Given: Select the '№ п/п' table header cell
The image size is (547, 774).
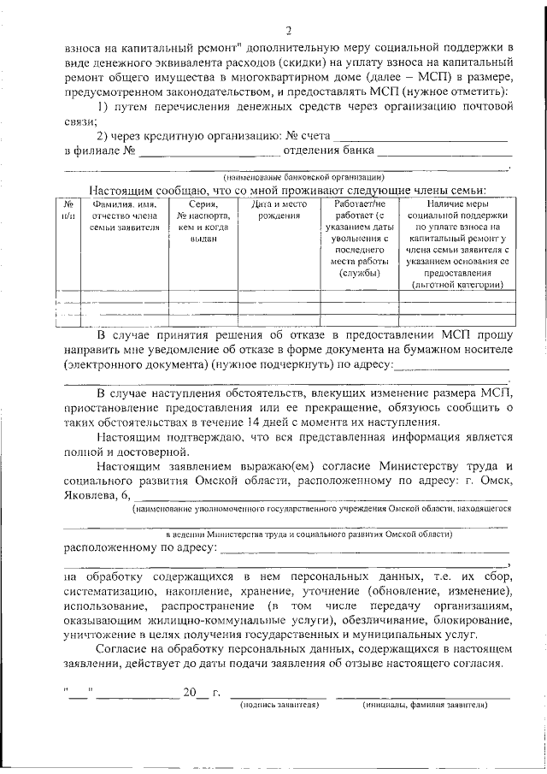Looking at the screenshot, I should point(68,210).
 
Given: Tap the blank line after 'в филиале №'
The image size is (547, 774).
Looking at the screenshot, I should point(209,153).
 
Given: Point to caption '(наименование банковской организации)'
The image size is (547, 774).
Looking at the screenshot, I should point(285,176).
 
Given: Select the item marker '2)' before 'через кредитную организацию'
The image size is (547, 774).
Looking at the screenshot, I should point(103,137).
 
